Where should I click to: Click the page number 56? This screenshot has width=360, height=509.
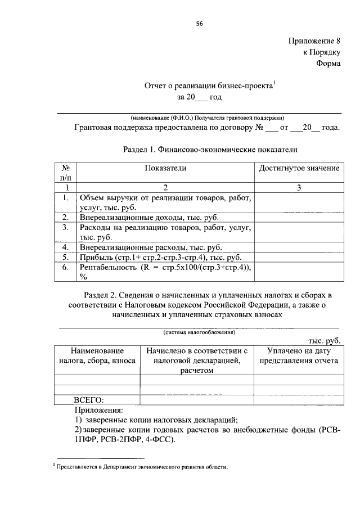pos(199,23)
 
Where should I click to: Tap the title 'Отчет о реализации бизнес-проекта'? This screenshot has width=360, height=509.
pos(209,86)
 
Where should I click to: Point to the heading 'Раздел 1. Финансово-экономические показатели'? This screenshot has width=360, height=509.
pos(209,150)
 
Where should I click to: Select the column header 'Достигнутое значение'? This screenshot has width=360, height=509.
pos(299,168)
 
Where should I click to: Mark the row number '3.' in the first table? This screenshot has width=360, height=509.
pos(65,227)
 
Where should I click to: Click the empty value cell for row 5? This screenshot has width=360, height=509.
pos(299,257)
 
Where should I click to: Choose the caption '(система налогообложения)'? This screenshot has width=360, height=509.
pos(200,332)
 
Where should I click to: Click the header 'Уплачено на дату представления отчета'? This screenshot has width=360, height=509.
pos(298,356)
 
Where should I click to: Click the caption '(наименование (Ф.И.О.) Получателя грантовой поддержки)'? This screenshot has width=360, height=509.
pos(208,118)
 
